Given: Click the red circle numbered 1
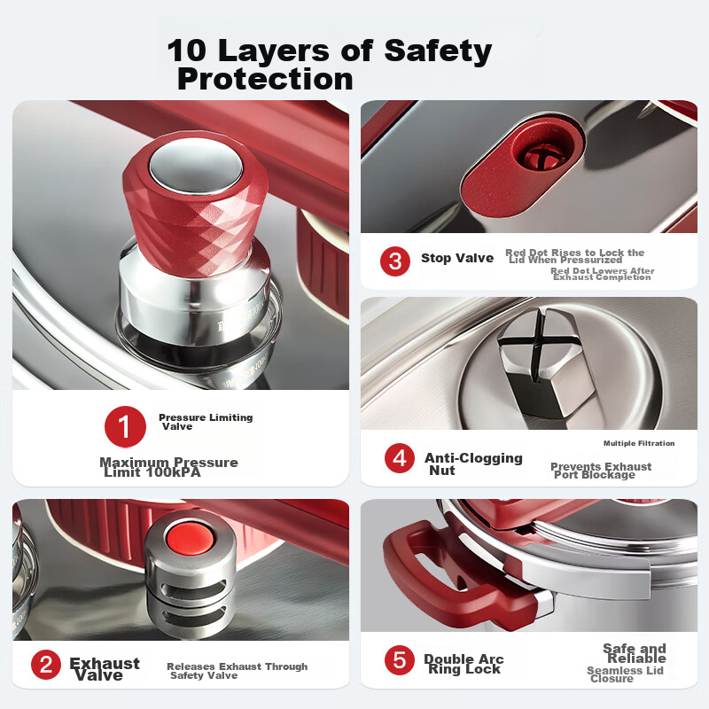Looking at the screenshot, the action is [125, 426].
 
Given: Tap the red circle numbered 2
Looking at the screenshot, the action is [46, 665].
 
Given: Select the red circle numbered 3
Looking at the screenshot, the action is [395, 261].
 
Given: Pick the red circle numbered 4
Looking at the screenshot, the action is [400, 458].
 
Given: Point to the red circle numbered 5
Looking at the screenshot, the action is [400, 659].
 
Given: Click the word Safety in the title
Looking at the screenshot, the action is [438, 51].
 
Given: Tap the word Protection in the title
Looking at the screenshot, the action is [265, 79].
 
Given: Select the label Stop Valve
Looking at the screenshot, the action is [457, 258].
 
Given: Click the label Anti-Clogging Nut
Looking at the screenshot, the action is [473, 464].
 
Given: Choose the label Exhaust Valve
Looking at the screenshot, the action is [105, 669].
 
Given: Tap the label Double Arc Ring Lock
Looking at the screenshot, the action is [464, 664].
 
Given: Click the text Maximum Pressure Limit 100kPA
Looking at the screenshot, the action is [168, 467].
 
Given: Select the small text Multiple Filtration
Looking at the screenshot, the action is [639, 444].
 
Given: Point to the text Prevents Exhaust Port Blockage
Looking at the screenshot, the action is [601, 471].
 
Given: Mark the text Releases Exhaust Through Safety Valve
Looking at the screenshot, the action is [237, 671].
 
